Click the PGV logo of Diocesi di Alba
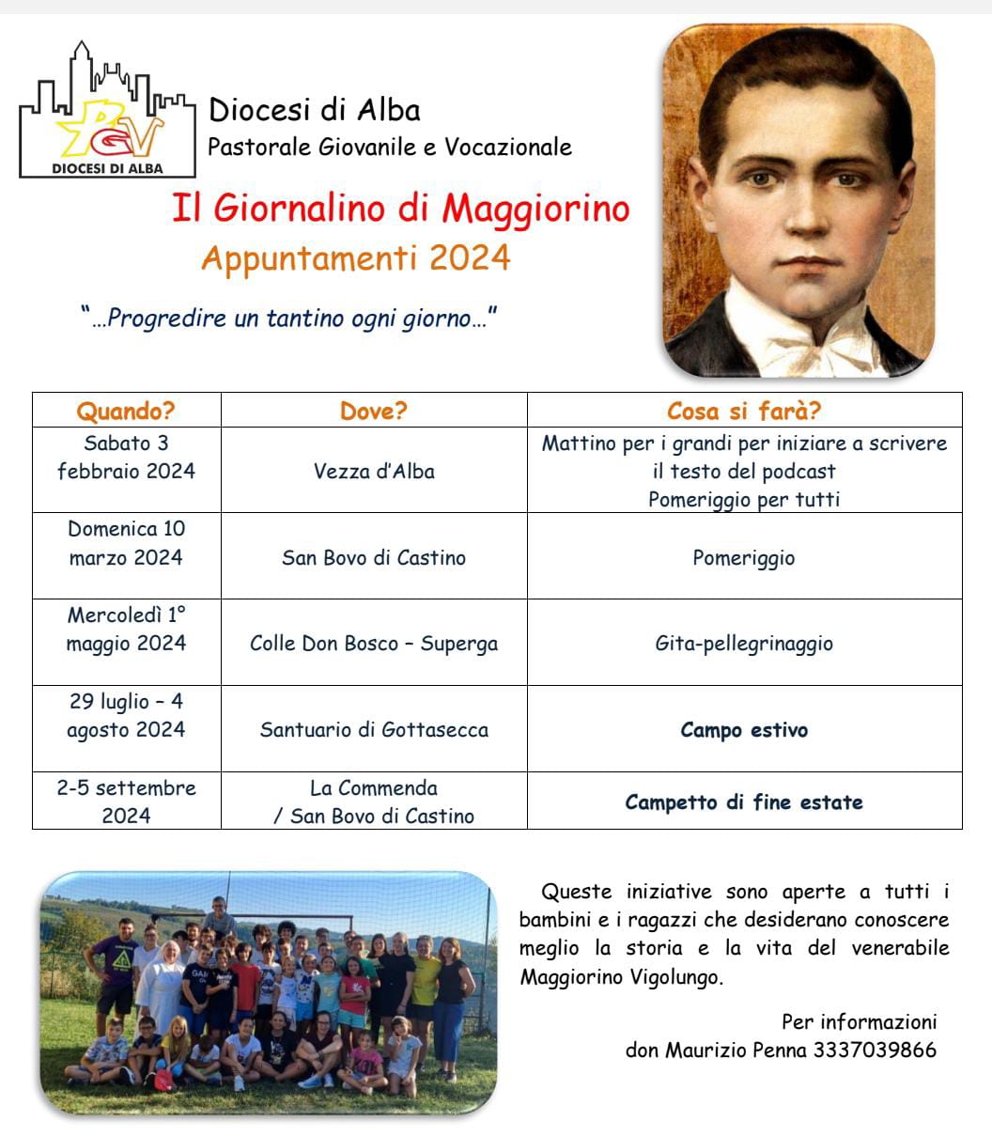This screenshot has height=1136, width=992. coord(107,110)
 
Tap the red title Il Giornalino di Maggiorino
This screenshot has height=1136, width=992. coord(400,209)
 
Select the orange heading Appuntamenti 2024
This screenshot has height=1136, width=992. coord(355,258)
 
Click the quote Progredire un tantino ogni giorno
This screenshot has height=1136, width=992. coord(288,319)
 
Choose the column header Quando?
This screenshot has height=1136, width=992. coord(126,412)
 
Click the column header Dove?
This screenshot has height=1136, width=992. coord(374,412)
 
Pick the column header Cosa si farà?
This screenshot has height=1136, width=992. coord(744,412)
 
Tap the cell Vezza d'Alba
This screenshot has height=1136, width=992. coord(374,472)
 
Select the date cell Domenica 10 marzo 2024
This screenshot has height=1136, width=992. coord(126,543)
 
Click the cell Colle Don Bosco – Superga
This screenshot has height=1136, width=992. coord(374,644)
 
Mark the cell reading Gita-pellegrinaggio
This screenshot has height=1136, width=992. coord(744,644)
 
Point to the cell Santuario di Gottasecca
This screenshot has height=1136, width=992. coord(374,729)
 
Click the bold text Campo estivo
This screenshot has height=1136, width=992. coord(744,730)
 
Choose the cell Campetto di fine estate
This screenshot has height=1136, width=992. coord(744,802)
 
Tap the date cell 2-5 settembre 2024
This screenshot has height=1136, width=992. coord(126,801)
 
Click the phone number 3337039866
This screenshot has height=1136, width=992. coord(875,1050)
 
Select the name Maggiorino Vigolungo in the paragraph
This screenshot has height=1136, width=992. coord(621,976)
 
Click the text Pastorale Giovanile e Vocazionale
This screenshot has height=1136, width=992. coord(390,148)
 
